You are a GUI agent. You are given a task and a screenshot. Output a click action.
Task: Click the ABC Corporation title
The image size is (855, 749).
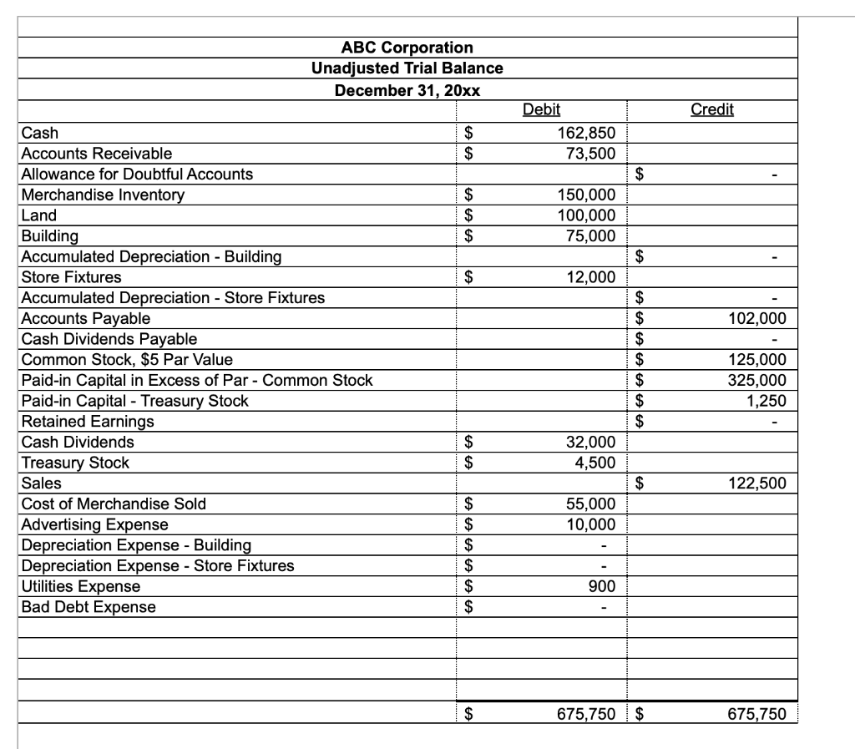pos(407,48)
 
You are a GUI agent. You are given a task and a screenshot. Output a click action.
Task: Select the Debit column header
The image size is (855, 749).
pos(541,109)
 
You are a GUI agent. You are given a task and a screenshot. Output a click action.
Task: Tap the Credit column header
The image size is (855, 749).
pos(712,109)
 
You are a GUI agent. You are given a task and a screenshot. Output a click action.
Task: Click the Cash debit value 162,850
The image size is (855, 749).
pos(586,132)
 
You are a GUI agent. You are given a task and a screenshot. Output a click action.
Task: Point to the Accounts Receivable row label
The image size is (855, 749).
pos(96,153)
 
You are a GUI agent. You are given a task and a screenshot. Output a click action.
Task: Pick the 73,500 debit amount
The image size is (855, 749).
pos(590,153)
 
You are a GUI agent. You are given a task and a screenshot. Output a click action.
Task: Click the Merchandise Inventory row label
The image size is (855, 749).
pos(103,195)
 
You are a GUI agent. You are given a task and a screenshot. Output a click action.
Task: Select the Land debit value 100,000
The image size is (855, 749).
pos(586,215)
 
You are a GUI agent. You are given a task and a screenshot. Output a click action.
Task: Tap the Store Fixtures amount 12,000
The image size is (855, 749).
pos(590,277)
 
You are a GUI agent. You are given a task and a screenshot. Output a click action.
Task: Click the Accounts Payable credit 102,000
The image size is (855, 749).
pos(757,318)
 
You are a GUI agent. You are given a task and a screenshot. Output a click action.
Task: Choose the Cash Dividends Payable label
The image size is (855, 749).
pos(109,339)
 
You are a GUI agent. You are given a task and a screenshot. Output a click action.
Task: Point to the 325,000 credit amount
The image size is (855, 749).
pos(757,380)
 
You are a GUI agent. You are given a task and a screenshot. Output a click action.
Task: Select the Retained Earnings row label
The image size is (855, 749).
pos(87,422)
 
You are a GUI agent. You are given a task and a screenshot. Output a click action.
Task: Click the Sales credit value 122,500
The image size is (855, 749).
pos(757,483)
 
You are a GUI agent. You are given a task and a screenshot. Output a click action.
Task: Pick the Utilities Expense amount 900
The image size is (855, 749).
pos(601,586)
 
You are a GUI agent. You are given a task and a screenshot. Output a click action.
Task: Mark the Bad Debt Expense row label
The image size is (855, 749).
pos(89,607)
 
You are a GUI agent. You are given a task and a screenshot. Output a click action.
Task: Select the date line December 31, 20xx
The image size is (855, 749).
pos(407,89)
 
